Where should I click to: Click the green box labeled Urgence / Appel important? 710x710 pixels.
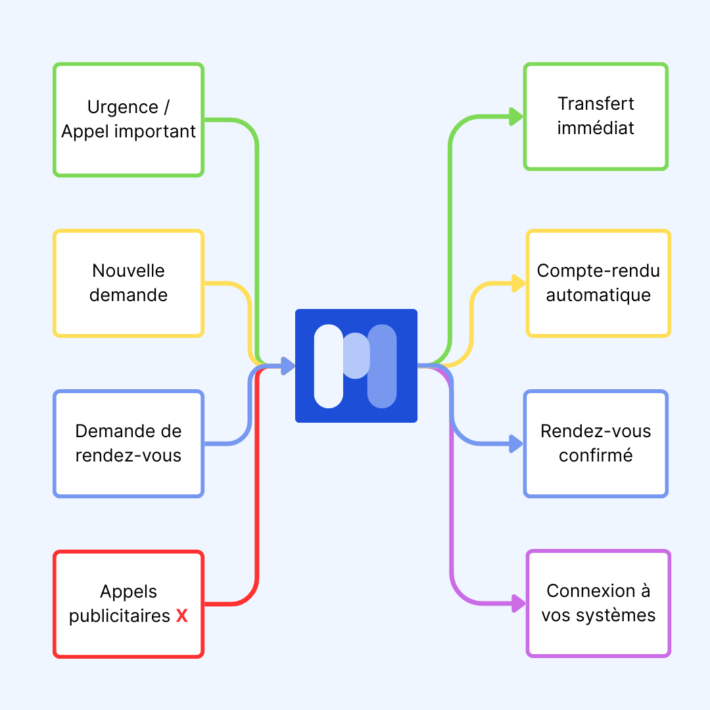129,120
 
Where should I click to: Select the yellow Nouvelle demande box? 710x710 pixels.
129,283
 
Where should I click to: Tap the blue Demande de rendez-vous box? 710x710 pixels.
129,444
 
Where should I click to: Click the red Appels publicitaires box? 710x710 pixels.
129,603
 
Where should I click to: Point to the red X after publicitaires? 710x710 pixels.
182,617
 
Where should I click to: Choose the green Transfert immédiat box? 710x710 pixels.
596,116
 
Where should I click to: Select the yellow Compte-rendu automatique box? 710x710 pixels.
598,283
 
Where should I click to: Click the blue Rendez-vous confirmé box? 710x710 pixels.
596,444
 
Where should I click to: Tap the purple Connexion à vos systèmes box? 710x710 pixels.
598,603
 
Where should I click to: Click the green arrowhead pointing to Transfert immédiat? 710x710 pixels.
516,117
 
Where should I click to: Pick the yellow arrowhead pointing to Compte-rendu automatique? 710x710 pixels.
519,284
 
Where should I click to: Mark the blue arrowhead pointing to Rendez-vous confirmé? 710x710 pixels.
516,444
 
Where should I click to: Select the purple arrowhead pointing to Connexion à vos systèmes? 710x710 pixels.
519,603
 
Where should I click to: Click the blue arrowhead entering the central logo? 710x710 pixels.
287,366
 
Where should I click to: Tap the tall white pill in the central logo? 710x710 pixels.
329,366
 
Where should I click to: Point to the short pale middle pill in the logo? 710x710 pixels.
356,356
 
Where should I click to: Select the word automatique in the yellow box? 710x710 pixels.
598,295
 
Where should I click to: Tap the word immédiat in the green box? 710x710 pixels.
596,128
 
